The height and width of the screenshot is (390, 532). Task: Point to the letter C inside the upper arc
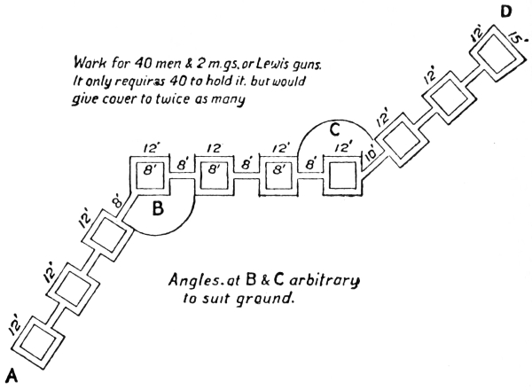coord(334,128)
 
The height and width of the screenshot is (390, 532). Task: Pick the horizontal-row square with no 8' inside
coord(342,176)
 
